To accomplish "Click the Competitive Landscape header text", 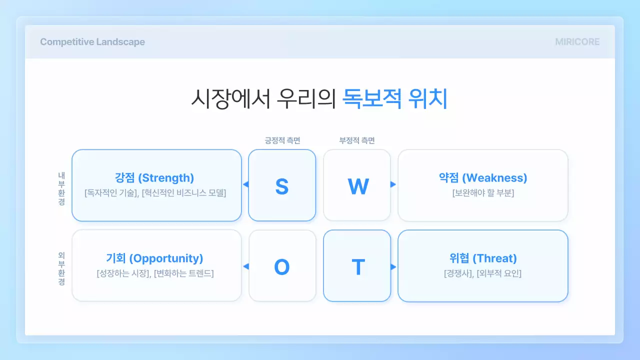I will click(92, 42).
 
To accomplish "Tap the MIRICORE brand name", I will click(577, 42).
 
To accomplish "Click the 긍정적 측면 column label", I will click(282, 140).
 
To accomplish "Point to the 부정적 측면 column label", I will click(357, 140).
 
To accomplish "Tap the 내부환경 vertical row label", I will click(61, 188).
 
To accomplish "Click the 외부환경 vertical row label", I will click(61, 268).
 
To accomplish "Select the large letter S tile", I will click(282, 186).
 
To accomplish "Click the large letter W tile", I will click(357, 186).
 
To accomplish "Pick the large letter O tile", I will click(282, 267).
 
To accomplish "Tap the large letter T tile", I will click(357, 267).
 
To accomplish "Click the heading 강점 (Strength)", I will click(154, 178).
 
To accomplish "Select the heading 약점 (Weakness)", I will click(482, 178).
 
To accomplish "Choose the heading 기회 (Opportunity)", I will click(154, 258).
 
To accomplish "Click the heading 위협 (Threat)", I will click(482, 258).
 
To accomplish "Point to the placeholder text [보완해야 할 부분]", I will click(482, 193).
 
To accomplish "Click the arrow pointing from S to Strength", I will click(245, 184).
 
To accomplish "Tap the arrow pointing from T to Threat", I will click(393, 267).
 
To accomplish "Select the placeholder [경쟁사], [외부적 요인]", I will click(482, 273).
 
